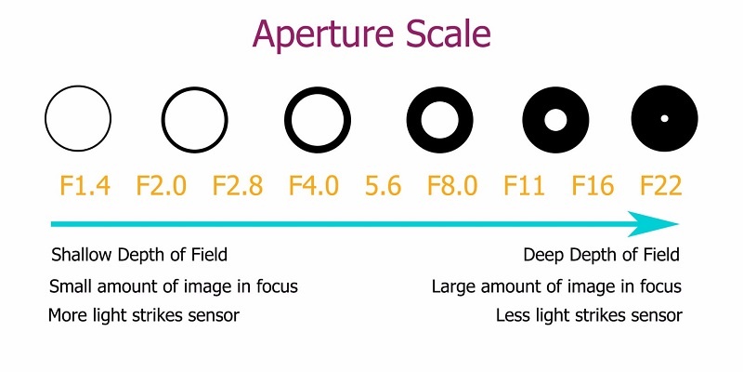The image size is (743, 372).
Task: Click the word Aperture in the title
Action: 323,35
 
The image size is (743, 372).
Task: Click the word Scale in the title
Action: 449,33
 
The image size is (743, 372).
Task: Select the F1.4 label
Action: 85,185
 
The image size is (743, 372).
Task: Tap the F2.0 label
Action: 161,185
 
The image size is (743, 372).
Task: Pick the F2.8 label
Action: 238,185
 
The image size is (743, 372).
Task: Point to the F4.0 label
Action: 314,185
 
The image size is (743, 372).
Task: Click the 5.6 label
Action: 384,185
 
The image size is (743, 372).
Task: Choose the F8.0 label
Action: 452,185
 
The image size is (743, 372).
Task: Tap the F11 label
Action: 524,185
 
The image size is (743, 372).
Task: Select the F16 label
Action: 593,185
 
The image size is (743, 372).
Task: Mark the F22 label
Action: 661,185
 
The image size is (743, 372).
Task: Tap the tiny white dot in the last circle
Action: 664,119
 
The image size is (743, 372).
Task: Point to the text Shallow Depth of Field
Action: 139,255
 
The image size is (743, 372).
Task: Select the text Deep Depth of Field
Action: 601,255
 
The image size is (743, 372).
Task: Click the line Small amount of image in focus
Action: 174,286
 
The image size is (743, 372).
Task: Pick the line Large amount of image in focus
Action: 556,286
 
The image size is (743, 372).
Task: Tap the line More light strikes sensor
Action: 144,315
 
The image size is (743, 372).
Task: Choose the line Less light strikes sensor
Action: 589,315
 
